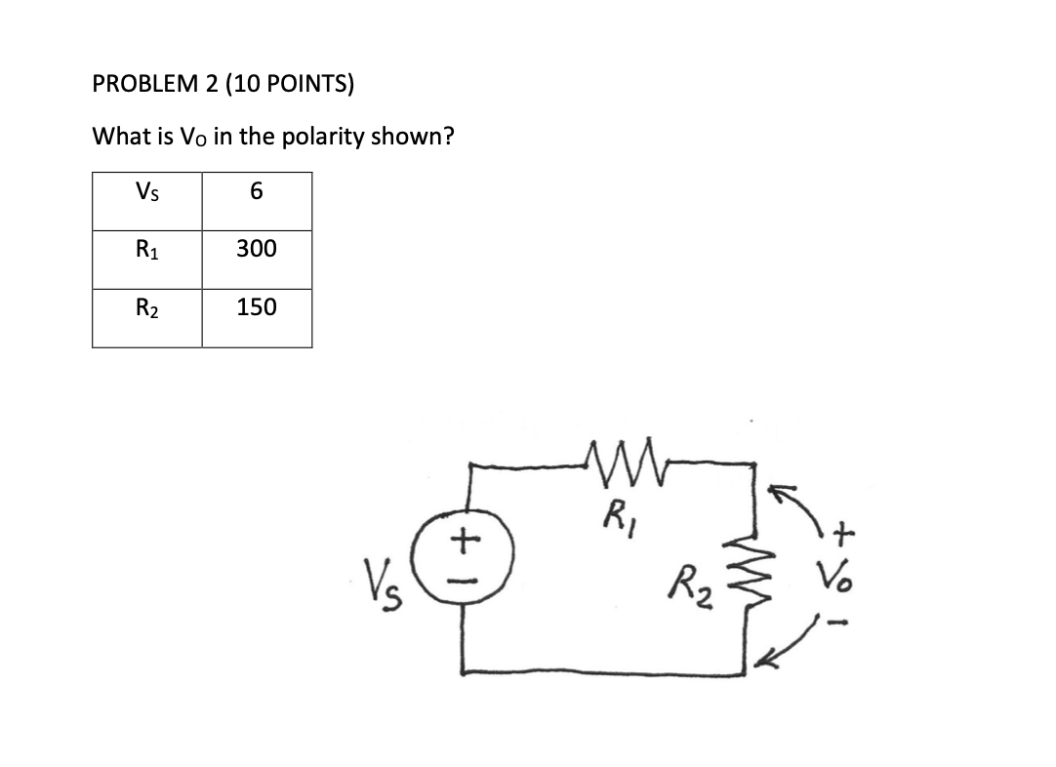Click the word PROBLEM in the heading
click(144, 85)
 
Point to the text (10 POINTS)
click(290, 85)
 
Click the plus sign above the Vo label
click(844, 532)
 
